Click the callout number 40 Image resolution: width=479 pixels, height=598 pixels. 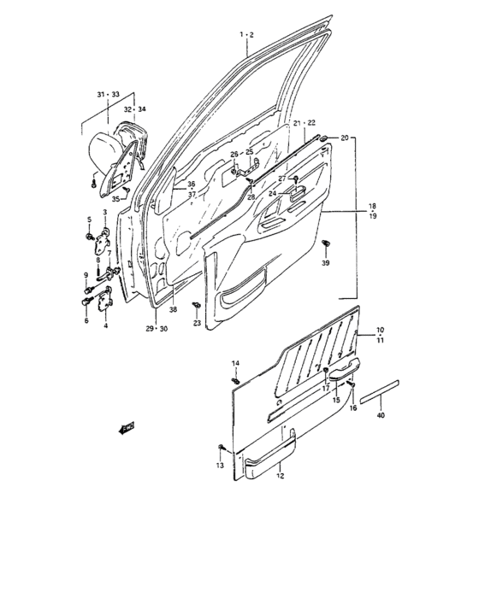381,416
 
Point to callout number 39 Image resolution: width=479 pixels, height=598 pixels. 325,265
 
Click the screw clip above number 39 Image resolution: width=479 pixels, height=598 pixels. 325,247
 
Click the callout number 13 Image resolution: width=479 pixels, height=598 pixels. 219,466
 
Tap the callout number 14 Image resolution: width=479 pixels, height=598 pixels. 235,364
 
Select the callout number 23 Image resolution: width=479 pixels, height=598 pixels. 196,323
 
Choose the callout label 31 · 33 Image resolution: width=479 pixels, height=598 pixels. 108,94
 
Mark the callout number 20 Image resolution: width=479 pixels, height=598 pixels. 345,138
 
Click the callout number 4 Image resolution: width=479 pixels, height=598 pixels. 106,325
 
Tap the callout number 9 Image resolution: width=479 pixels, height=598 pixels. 86,274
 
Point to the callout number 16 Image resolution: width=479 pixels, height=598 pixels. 352,408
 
